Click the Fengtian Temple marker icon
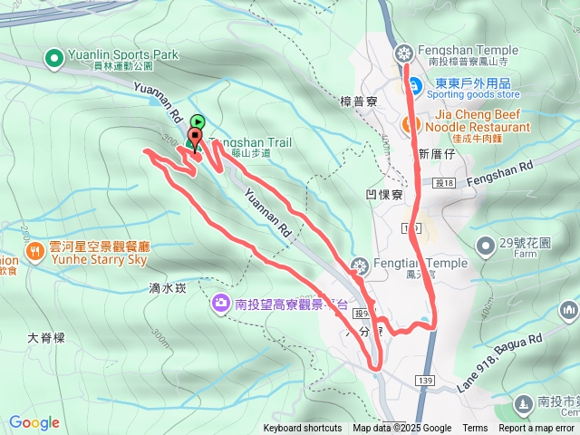[361, 265]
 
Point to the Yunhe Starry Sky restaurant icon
[34, 251]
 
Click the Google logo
[34, 422]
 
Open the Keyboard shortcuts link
[303, 429]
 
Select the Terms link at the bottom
[475, 429]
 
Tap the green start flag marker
[198, 122]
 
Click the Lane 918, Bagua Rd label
[500, 360]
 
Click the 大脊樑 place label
[46, 337]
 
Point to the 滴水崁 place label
[167, 288]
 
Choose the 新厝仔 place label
[434, 154]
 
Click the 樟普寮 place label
[358, 101]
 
